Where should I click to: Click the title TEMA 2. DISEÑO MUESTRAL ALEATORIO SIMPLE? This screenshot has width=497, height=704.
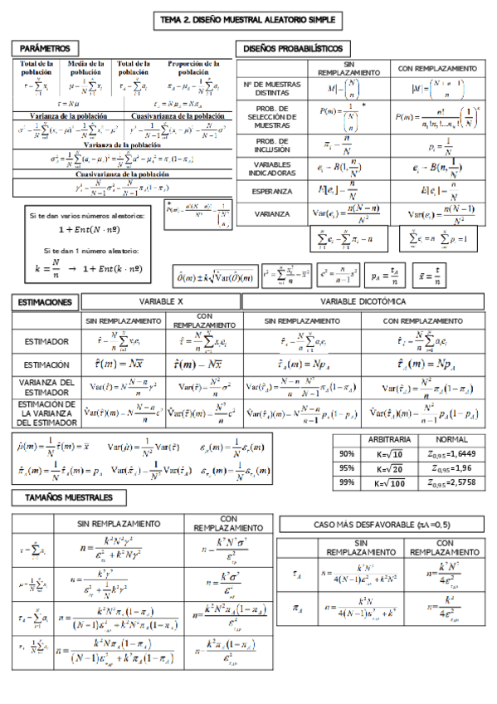[x=248, y=20]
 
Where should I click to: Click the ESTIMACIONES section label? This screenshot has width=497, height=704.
[x=45, y=303]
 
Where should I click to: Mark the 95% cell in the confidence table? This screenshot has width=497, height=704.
[x=347, y=467]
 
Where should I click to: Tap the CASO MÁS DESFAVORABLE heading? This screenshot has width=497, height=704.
[x=380, y=524]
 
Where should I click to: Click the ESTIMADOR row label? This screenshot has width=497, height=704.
[x=46, y=341]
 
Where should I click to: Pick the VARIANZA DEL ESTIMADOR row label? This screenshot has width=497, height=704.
[x=46, y=387]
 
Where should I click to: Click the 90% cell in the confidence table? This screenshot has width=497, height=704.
[x=347, y=453]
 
